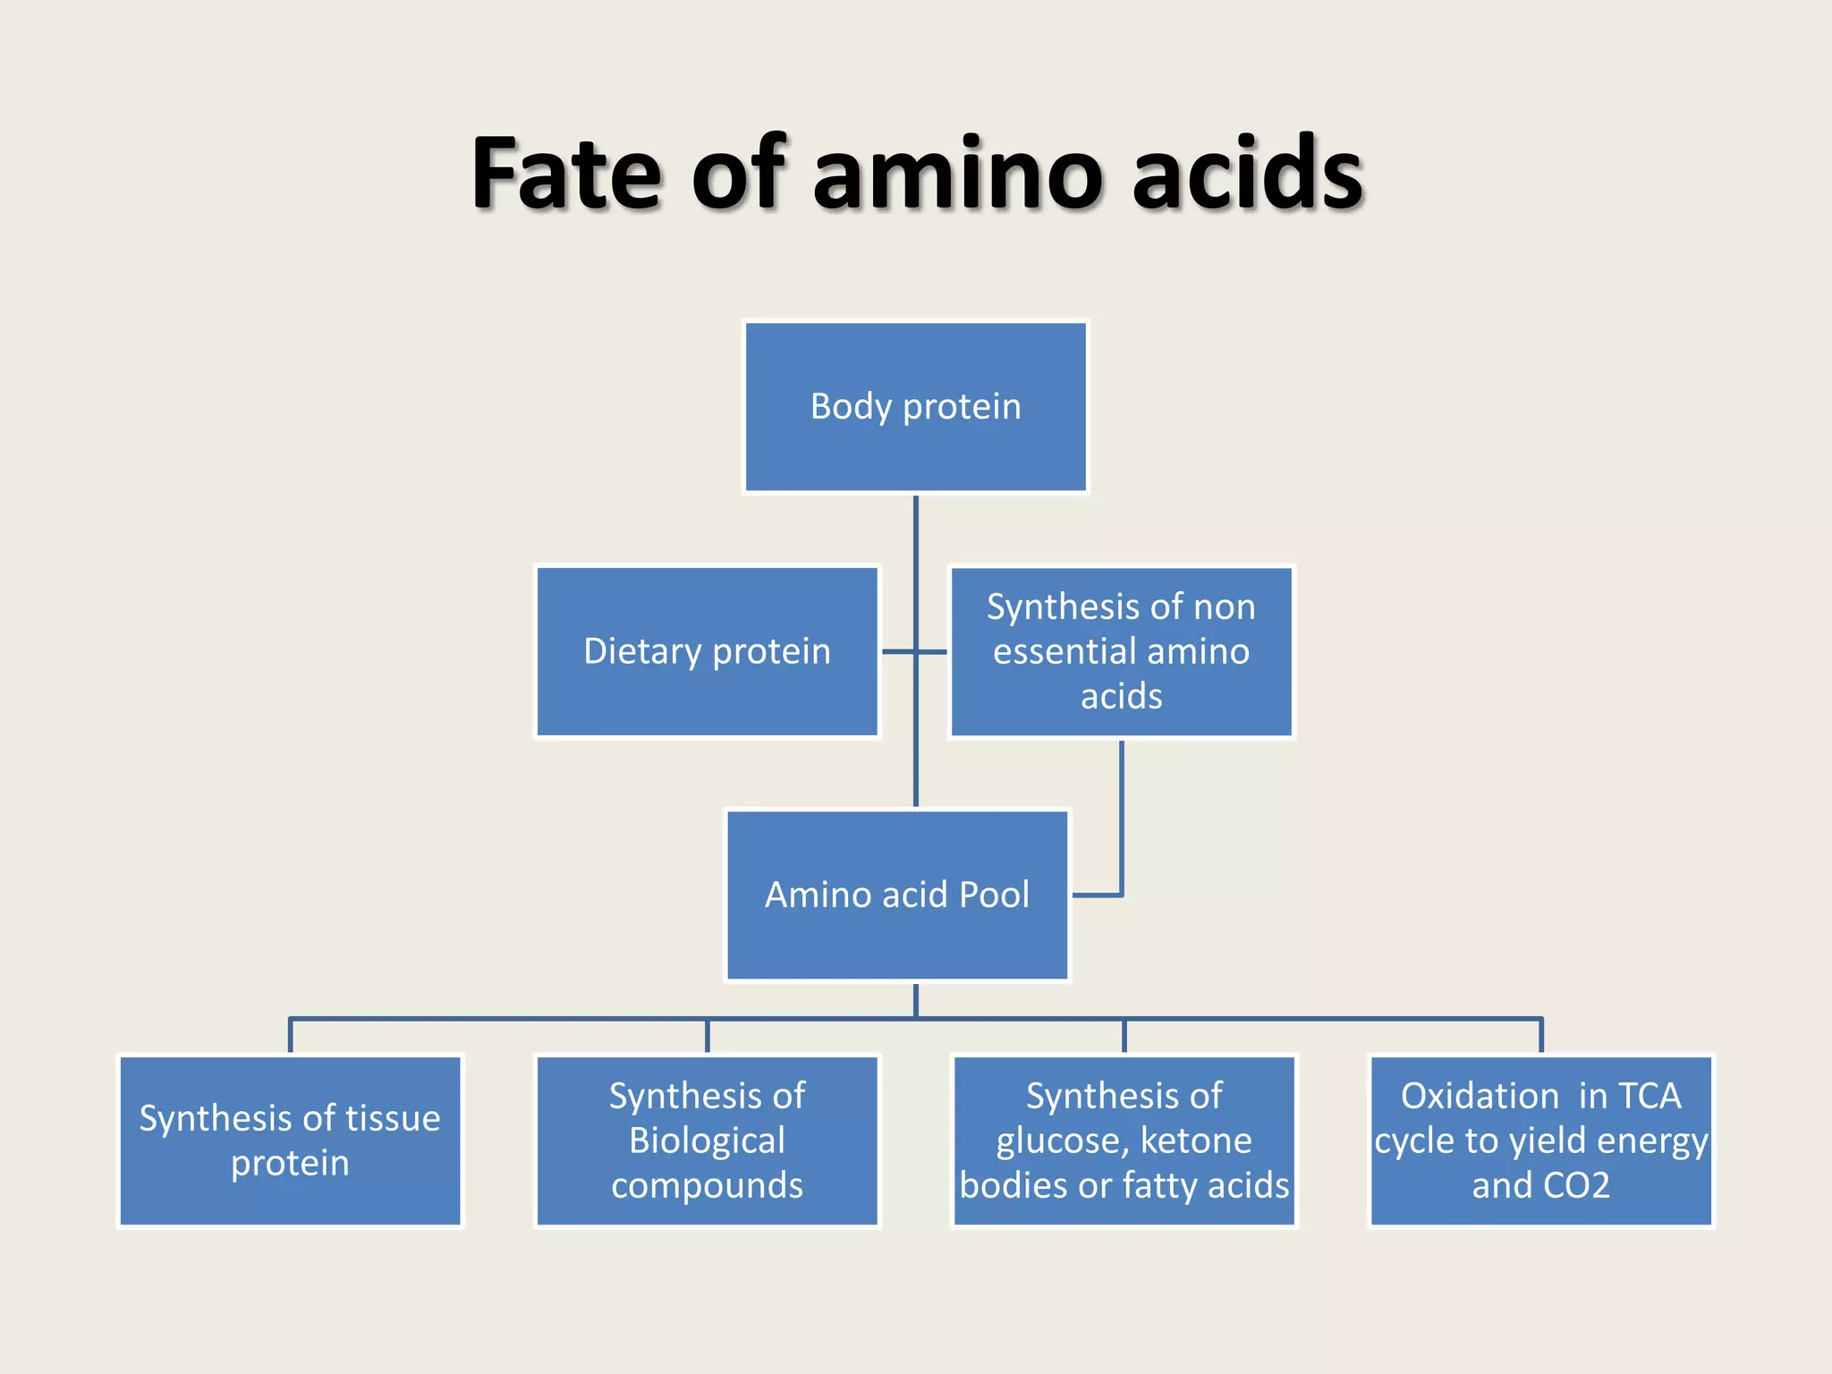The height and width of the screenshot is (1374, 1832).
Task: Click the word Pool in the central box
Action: point(993,895)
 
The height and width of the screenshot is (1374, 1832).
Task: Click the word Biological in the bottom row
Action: point(707,1141)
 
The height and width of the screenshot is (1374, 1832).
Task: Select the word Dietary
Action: point(641,651)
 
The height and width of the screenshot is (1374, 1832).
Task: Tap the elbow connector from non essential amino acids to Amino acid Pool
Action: point(1121,823)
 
